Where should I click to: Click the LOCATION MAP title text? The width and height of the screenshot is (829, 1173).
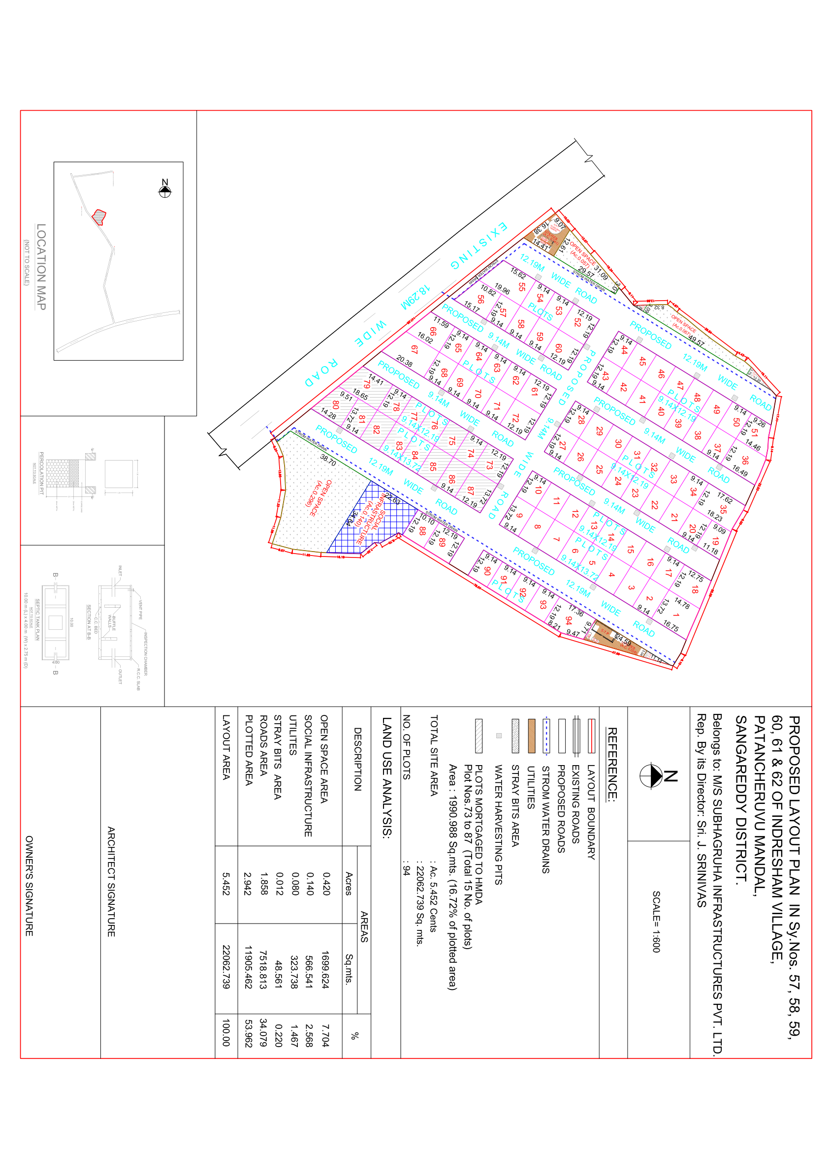pyautogui.click(x=41, y=266)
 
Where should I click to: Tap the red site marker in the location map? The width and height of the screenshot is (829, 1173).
pyautogui.click(x=98, y=217)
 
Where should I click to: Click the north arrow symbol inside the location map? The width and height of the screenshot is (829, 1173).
pyautogui.click(x=164, y=190)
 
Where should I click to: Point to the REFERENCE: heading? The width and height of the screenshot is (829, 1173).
pyautogui.click(x=612, y=763)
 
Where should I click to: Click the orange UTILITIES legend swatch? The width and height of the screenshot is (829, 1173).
pyautogui.click(x=531, y=736)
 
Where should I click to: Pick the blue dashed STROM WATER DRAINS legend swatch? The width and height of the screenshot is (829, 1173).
pyautogui.click(x=546, y=736)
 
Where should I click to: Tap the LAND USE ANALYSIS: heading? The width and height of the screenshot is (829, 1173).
pyautogui.click(x=387, y=776)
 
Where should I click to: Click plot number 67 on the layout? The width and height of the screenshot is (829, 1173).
pyautogui.click(x=414, y=349)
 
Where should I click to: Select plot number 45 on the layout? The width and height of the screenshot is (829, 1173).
pyautogui.click(x=642, y=362)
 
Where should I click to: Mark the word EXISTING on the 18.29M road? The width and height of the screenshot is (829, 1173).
pyautogui.click(x=479, y=246)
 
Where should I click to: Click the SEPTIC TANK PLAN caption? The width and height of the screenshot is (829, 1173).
pyautogui.click(x=37, y=619)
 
